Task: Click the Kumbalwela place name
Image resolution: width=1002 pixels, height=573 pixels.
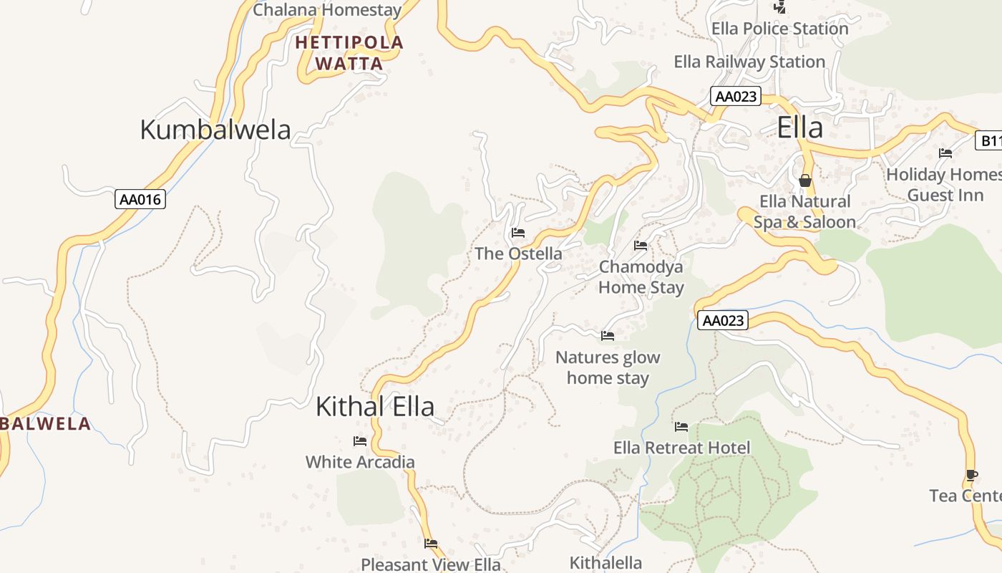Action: [x=215, y=130]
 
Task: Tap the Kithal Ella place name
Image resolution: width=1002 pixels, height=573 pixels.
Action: [x=375, y=407]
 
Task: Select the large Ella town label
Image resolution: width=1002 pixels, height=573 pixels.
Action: [x=799, y=128]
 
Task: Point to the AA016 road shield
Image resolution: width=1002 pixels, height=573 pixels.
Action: [x=140, y=199]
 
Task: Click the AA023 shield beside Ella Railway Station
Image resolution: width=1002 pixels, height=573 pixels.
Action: [x=735, y=96]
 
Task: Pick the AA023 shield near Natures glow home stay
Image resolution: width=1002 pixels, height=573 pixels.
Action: [x=723, y=320]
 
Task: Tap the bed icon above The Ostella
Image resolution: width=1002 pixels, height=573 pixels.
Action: [x=518, y=233]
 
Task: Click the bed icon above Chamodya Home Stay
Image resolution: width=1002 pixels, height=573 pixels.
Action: [x=641, y=246]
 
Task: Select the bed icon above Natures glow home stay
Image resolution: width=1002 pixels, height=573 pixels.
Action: [x=608, y=335]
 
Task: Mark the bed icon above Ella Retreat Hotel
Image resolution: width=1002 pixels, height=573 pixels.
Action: [x=681, y=427]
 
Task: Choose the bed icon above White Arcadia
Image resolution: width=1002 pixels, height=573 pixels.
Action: [x=360, y=441]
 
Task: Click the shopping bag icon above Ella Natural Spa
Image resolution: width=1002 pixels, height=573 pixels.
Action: [x=805, y=180]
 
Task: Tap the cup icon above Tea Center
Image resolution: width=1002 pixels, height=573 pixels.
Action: [x=971, y=475]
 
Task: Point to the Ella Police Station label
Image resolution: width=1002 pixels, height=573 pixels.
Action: [x=779, y=29]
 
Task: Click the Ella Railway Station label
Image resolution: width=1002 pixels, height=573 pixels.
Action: [x=749, y=62]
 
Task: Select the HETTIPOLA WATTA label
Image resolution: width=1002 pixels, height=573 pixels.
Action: [x=349, y=53]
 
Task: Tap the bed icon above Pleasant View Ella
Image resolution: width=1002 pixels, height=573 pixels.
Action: [x=431, y=544]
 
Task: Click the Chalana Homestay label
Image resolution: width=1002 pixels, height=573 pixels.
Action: [x=327, y=10]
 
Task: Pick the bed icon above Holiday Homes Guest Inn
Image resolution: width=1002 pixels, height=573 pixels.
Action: [x=945, y=153]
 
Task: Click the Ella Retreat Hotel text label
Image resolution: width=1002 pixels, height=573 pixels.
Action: [x=681, y=448]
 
